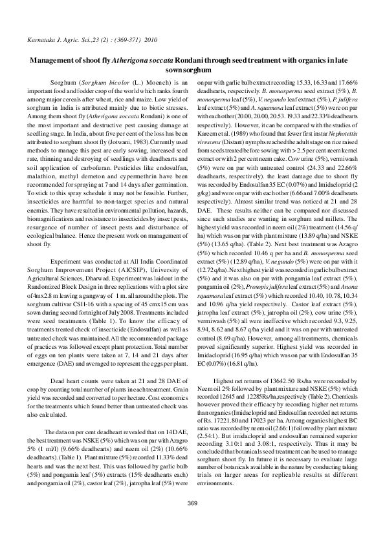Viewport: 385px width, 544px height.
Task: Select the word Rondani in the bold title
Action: click(x=206, y=60)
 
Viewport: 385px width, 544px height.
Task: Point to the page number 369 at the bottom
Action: click(x=192, y=521)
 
